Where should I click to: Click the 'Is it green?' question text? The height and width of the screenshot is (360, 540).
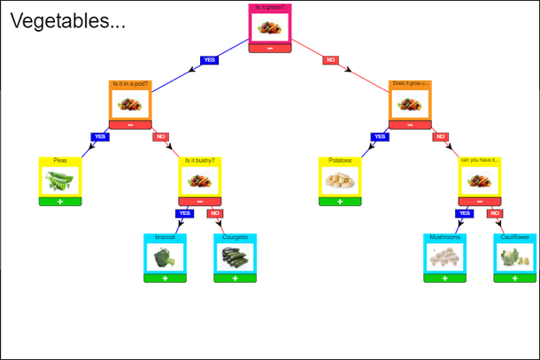(x=269, y=7)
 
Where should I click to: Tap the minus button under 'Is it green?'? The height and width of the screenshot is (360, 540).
(x=269, y=48)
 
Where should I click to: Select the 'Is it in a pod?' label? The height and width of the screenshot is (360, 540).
(x=130, y=84)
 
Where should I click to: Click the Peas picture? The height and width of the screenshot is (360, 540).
(x=60, y=181)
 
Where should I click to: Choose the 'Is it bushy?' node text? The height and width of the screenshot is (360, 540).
(x=200, y=161)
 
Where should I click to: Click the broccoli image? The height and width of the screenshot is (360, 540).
(x=165, y=257)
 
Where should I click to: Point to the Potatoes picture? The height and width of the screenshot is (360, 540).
(x=340, y=181)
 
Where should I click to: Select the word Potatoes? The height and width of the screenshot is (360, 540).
(x=340, y=161)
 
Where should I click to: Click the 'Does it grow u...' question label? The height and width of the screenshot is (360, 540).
(x=409, y=84)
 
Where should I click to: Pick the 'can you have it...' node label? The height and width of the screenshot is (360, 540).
(x=479, y=161)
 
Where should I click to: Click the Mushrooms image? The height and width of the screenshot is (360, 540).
(x=444, y=257)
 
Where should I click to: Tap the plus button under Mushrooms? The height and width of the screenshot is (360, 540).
(x=444, y=278)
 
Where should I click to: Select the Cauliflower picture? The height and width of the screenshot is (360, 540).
(x=514, y=257)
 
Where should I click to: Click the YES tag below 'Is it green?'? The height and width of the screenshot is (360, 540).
(x=210, y=60)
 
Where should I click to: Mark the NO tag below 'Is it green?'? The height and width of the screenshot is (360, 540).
(x=330, y=60)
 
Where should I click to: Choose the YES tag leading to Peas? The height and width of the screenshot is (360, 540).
(x=100, y=137)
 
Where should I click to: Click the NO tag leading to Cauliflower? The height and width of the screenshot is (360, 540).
(x=495, y=214)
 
